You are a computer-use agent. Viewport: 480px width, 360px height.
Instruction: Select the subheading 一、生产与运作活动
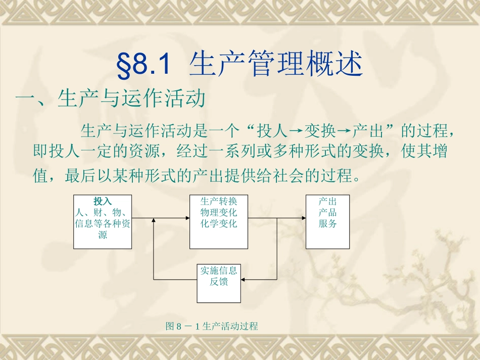(x=111, y=99)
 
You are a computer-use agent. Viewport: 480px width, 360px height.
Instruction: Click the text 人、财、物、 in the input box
(x=103, y=213)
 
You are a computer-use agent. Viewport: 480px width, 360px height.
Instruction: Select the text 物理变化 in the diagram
(x=218, y=213)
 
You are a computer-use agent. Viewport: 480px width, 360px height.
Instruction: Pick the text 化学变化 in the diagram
(x=218, y=224)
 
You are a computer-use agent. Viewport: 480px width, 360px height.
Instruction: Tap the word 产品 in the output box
(x=327, y=213)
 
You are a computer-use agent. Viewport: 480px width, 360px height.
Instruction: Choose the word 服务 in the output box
(x=327, y=224)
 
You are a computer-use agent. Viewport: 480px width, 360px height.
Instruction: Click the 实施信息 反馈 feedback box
(x=219, y=276)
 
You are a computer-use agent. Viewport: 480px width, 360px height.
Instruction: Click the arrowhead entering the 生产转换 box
(x=186, y=219)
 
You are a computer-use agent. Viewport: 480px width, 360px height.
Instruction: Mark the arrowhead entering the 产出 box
(x=303, y=219)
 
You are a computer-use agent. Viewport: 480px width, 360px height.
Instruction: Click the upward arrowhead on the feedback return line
(x=153, y=221)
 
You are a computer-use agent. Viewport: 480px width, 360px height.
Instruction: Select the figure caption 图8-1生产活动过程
(x=212, y=327)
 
